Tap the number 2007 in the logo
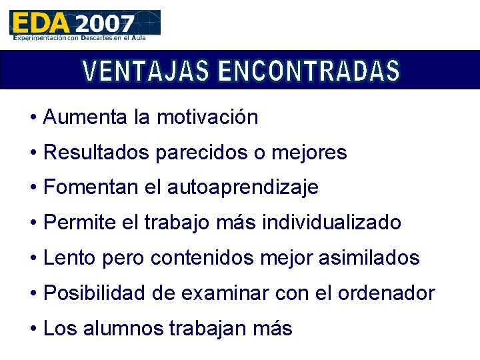104,24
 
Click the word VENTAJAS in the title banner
145,70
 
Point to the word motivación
207,117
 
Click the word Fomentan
91,187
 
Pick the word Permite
79,223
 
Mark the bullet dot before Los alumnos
33,328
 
